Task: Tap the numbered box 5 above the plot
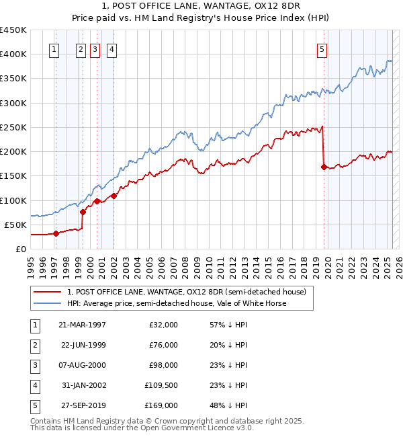(322, 49)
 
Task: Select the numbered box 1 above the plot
(53, 49)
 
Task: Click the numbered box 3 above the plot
(95, 49)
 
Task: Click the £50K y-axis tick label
(15, 225)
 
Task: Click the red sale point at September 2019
(324, 167)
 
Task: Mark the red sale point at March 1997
(56, 233)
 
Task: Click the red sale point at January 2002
(114, 196)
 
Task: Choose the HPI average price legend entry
(177, 303)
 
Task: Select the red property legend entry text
(187, 292)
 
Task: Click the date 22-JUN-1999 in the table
(83, 345)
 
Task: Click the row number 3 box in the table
(34, 365)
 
